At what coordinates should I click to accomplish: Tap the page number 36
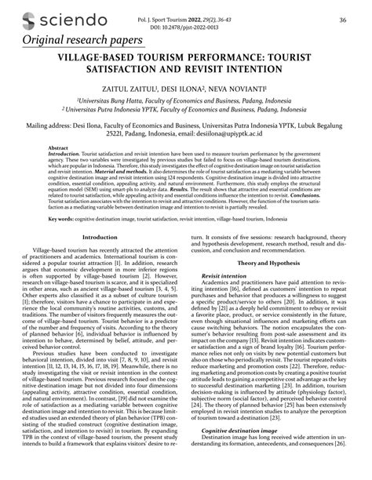tap(342, 20)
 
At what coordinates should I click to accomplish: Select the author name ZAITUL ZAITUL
tap(128, 91)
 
